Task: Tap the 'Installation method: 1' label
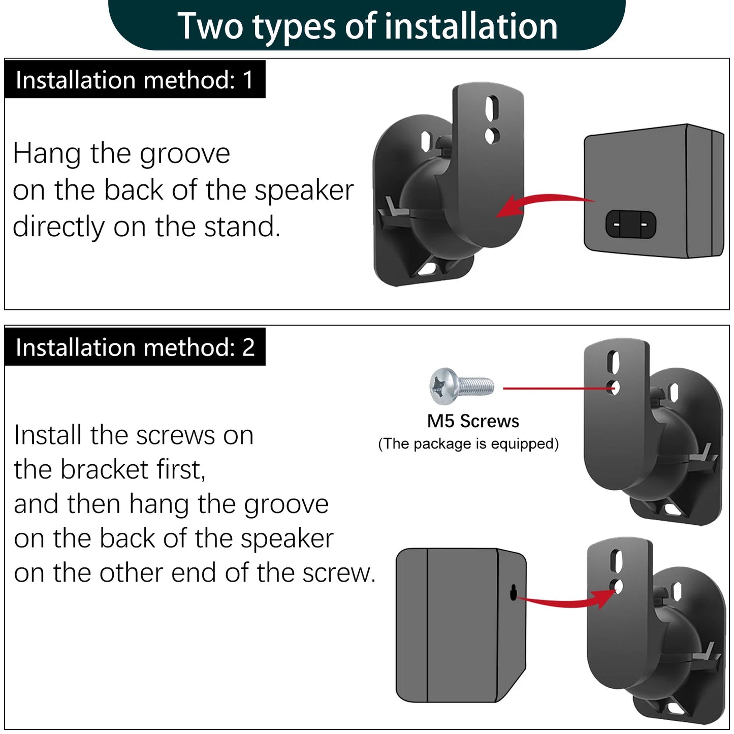135,80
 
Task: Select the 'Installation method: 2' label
135,347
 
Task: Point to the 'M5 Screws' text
473,421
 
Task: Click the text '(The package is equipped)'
468,443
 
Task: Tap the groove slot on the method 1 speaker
630,224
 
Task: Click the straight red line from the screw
556,389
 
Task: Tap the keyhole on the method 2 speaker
514,592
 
